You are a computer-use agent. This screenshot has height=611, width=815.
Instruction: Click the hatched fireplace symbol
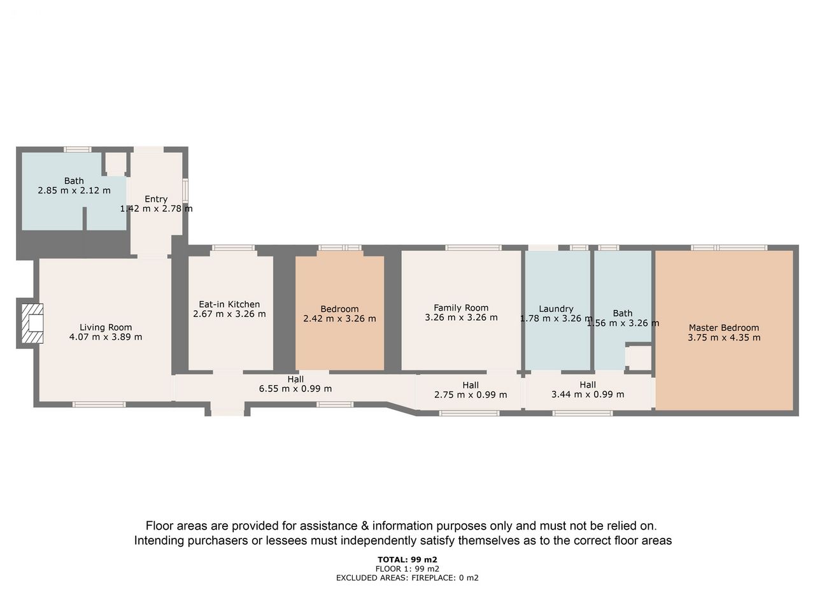click(32, 323)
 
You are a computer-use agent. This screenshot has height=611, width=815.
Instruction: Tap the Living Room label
click(106, 327)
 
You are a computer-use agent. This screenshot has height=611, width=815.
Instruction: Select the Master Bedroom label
click(724, 328)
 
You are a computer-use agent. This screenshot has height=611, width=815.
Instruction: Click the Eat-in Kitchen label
click(229, 304)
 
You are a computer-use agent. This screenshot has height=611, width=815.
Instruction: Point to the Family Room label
click(461, 307)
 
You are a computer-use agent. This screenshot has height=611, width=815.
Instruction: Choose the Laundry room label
click(556, 309)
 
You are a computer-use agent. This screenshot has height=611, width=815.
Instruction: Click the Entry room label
click(156, 199)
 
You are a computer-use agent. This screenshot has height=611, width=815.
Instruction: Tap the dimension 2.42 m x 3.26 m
click(339, 318)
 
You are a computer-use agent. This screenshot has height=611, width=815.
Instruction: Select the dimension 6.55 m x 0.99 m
click(295, 388)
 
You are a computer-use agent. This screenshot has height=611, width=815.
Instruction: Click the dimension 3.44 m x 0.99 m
click(588, 394)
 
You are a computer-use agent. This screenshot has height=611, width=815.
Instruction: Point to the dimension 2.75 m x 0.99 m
click(471, 395)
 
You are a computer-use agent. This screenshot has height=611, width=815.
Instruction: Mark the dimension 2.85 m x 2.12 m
click(74, 190)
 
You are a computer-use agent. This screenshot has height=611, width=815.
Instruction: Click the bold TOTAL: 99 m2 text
click(407, 559)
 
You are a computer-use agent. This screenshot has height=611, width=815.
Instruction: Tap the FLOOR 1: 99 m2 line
click(407, 569)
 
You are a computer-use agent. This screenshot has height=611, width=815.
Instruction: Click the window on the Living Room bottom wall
click(99, 404)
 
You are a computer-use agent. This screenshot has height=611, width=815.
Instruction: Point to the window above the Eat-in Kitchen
click(233, 248)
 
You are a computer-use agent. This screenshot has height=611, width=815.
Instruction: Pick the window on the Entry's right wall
click(185, 191)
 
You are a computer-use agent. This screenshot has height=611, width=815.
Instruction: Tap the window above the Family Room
click(474, 248)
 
